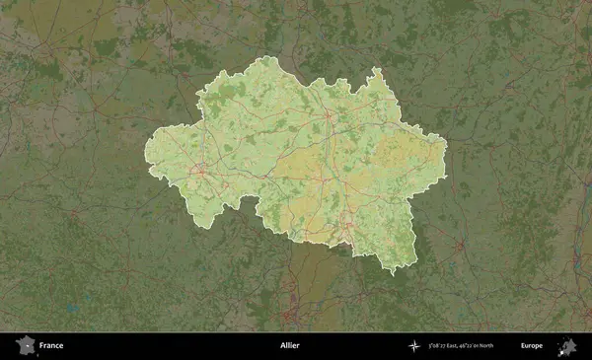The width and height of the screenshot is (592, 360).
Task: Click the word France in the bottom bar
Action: (51, 346)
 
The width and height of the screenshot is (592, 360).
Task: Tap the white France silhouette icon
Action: (24, 346)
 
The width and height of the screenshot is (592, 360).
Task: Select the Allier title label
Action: (289, 346)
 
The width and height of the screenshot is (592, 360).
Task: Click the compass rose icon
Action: (413, 346)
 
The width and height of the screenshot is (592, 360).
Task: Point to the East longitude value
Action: (448, 346)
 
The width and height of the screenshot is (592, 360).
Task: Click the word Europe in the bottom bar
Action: (532, 346)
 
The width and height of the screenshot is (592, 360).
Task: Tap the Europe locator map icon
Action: (567, 346)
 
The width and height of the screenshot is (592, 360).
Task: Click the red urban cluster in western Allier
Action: (200, 170)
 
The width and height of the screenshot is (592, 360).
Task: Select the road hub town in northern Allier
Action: (328, 116)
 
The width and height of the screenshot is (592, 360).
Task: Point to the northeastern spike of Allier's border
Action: (375, 71)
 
